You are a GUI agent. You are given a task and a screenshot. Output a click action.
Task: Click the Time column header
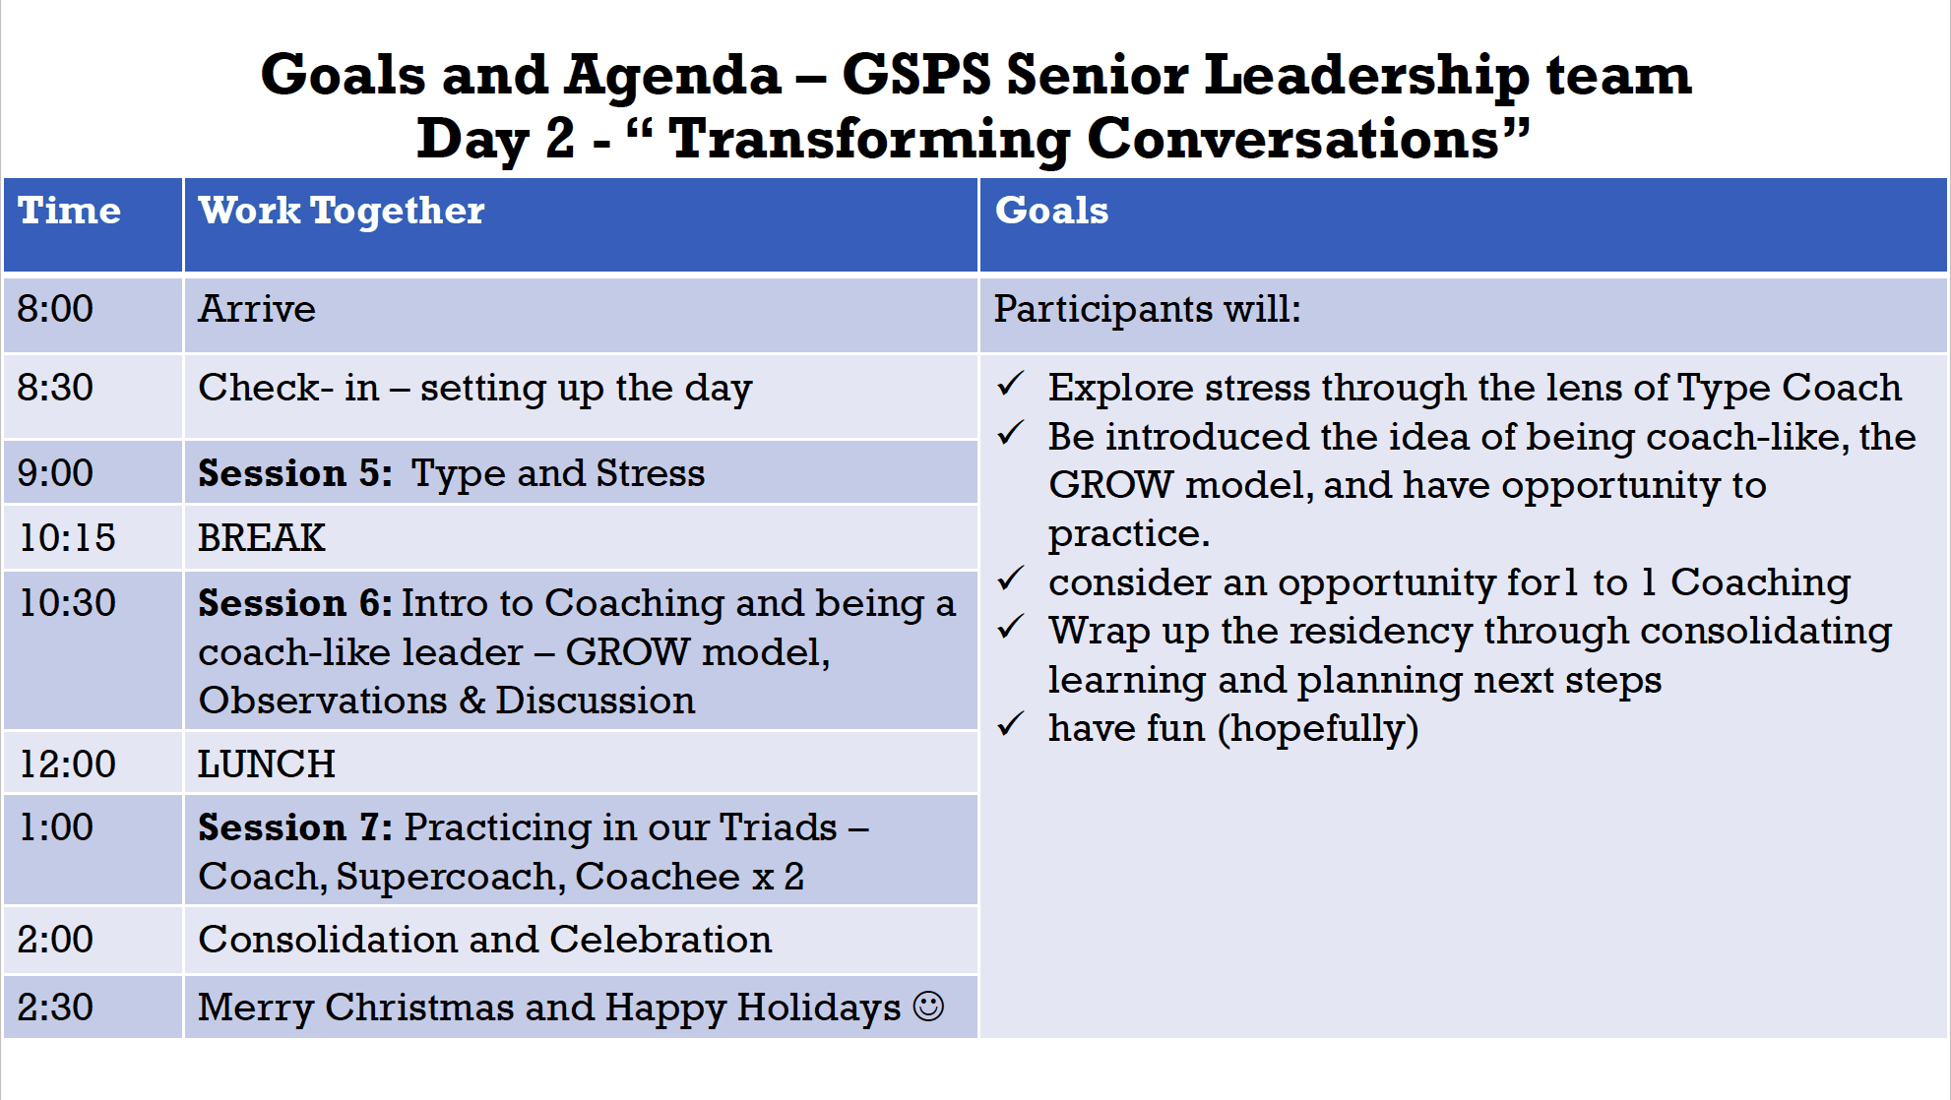coord(69,211)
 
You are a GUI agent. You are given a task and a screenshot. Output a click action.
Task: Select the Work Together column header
coord(341,211)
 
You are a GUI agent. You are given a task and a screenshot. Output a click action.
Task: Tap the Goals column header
coord(1051,211)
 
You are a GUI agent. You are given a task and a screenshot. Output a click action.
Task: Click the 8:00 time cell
coord(55,309)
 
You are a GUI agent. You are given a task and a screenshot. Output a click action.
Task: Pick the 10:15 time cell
coord(67,537)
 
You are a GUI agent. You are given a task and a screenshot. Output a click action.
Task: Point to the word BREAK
coord(261,537)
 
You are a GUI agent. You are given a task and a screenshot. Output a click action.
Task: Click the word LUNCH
coord(266,764)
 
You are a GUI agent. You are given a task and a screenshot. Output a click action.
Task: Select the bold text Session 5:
coord(294,473)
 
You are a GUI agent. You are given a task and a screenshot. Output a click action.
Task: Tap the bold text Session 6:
coord(294,603)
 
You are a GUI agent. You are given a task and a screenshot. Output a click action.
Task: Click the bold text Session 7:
coord(294,827)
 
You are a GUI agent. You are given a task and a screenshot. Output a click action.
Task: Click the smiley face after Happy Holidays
coord(927,1007)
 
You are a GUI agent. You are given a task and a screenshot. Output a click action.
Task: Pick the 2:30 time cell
coord(55,1008)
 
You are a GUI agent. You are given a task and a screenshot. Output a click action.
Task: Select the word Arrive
coord(257,309)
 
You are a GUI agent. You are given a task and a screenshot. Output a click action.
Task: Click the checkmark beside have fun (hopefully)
coord(1011,725)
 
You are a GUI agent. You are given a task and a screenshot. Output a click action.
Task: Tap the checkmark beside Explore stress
coord(1011,384)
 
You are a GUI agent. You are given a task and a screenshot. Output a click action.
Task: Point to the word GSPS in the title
coord(915,75)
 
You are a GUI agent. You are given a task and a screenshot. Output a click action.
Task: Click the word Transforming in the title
coord(868,138)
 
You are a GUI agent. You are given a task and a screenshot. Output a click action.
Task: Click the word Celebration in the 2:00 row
coord(661,940)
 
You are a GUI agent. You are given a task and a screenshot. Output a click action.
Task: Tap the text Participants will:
coord(1147,309)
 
